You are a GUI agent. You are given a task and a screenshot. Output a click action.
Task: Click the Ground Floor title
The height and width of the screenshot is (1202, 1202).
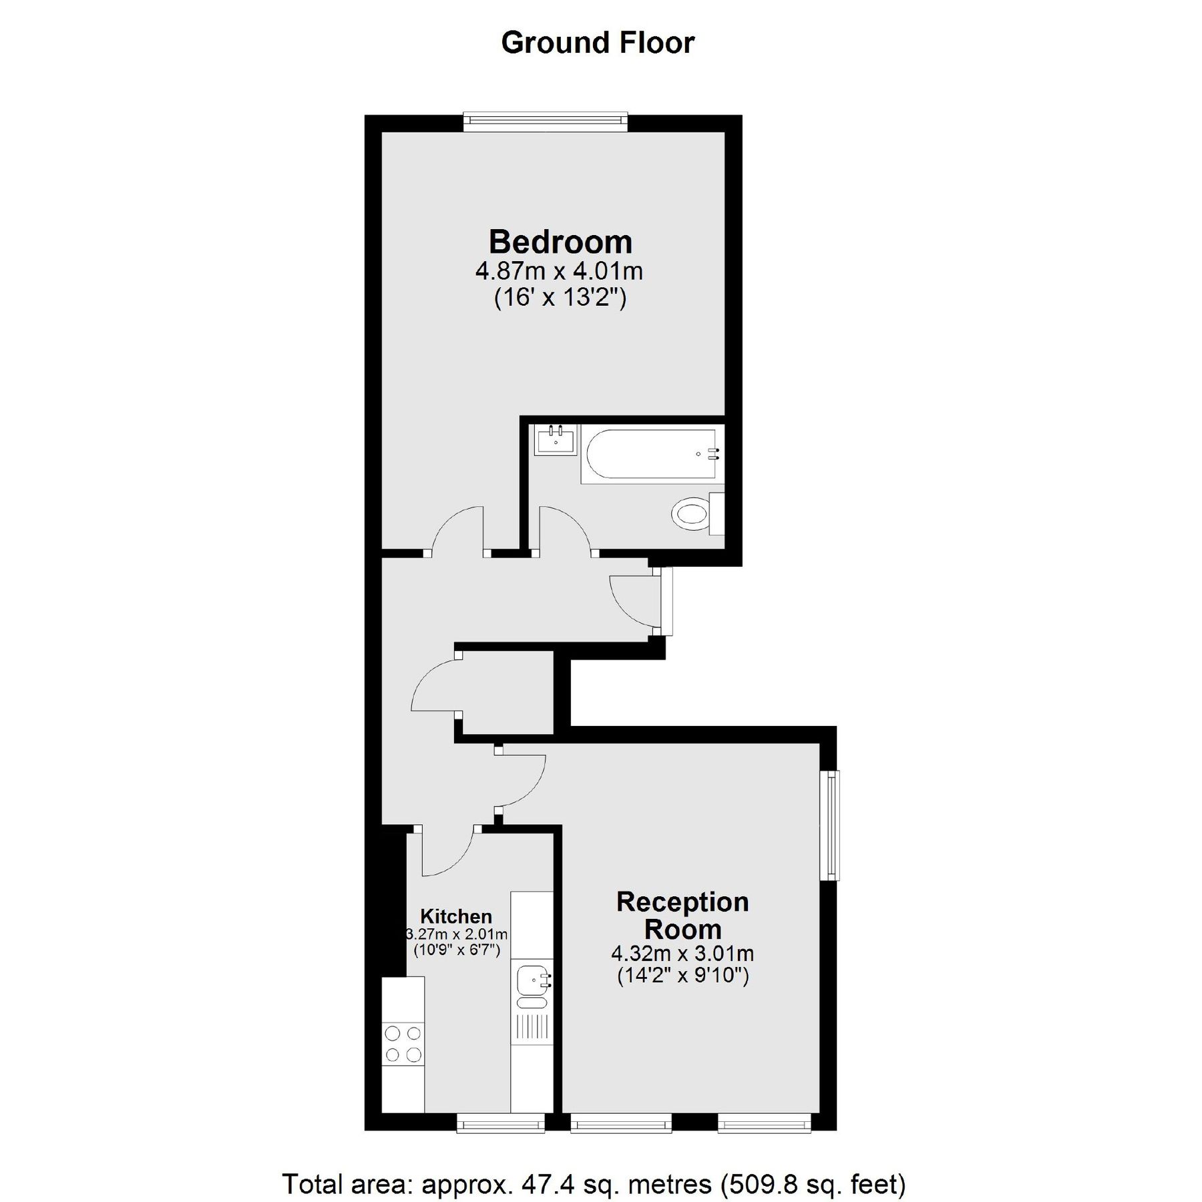point(598,43)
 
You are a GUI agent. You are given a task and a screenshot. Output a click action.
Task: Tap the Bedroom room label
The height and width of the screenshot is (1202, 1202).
point(560,242)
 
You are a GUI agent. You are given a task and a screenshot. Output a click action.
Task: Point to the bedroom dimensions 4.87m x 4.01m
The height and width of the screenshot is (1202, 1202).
point(559,272)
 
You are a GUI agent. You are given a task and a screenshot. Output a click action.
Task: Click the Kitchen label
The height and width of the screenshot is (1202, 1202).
point(456,916)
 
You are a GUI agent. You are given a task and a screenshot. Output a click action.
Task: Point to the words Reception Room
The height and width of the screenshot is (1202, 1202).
point(682,916)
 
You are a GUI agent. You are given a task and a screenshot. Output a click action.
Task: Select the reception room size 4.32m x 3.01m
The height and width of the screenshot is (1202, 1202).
point(682,953)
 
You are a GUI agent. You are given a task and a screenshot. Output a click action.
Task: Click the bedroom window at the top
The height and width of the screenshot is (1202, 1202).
point(546,120)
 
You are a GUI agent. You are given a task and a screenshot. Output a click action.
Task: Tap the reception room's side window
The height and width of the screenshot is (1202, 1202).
point(830,825)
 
